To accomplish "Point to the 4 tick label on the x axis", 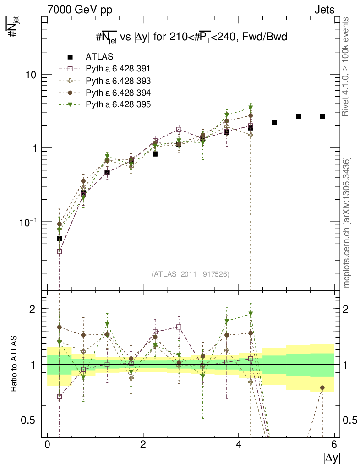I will pyautogui.click(x=239, y=445).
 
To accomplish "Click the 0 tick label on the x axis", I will pyautogui.click(x=47, y=445).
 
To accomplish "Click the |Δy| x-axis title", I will pyautogui.click(x=332, y=457).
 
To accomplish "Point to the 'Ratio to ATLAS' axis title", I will pyautogui.click(x=15, y=364).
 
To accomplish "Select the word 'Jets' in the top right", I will pyautogui.click(x=324, y=10).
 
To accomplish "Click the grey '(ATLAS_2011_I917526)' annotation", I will pyautogui.click(x=191, y=274).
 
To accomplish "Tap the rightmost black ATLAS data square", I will pyautogui.click(x=322, y=116).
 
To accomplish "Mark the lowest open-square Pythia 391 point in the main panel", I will pyautogui.click(x=60, y=251).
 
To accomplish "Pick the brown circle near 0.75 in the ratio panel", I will pyautogui.click(x=322, y=387).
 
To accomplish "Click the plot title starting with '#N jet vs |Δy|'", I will pyautogui.click(x=188, y=38).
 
